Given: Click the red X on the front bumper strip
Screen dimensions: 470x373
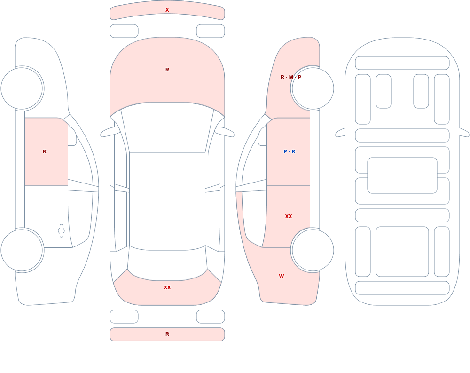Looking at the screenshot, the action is pos(167,10).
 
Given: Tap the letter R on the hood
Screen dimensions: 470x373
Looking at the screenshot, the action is pos(167,70).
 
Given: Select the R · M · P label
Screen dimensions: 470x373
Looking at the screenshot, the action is pos(291,77).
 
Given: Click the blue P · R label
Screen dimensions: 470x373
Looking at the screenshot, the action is pos(289,151).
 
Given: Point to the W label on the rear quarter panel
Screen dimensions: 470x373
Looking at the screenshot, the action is pos(282,276).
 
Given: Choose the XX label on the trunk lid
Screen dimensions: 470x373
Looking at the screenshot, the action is pos(167,287).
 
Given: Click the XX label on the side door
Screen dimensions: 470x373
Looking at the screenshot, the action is pos(289,216).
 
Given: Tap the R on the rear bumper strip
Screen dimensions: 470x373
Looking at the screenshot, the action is pos(167,334).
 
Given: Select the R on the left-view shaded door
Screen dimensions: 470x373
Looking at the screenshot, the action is pos(45,151).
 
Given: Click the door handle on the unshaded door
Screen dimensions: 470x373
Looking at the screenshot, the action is pos(61,231).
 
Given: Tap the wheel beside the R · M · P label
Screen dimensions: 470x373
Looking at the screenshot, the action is pos(313,88).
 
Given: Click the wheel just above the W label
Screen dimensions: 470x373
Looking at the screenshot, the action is pos(313,250).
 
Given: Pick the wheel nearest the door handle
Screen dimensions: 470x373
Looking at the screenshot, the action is pos(22,250).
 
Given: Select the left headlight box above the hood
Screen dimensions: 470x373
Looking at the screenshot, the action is pos(124,31).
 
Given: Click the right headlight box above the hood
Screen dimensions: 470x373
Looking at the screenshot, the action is pos(211,31).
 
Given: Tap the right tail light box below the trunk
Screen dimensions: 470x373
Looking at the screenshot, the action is pos(211,317).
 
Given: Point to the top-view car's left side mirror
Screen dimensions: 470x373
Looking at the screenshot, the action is pos(110,132).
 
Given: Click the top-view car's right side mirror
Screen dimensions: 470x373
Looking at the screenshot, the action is pos(225,132).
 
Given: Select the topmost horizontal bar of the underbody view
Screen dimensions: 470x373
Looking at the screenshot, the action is pos(402,63).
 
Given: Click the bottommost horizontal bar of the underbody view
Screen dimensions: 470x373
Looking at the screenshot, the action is pos(402,288).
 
